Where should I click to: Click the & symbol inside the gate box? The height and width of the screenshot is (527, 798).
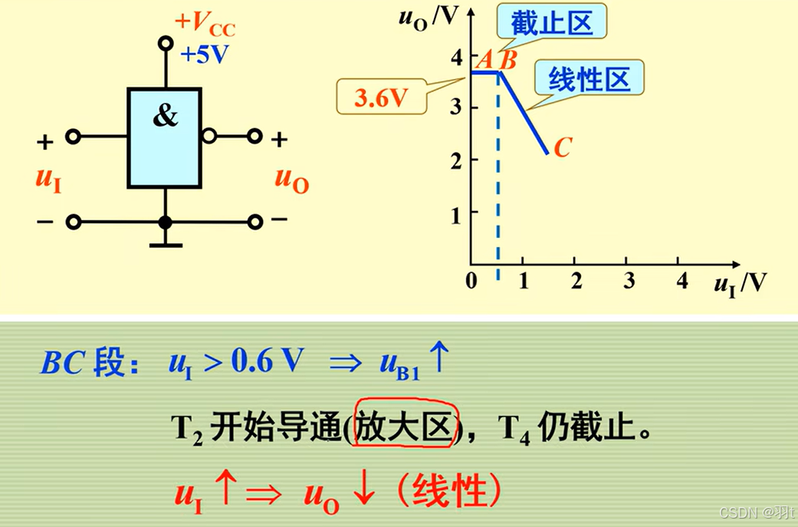[x=165, y=117]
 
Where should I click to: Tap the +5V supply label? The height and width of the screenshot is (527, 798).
[x=205, y=55]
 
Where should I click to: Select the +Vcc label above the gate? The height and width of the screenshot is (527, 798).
[x=205, y=25]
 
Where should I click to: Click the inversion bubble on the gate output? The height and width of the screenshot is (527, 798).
[x=209, y=137]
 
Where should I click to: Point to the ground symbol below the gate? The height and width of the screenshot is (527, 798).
[x=165, y=245]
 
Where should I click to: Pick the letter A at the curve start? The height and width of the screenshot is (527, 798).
[x=484, y=58]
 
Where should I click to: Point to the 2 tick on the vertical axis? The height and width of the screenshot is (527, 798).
[x=455, y=159]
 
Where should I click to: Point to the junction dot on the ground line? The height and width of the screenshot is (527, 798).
[x=165, y=222]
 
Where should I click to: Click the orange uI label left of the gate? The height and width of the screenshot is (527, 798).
[x=48, y=179]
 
